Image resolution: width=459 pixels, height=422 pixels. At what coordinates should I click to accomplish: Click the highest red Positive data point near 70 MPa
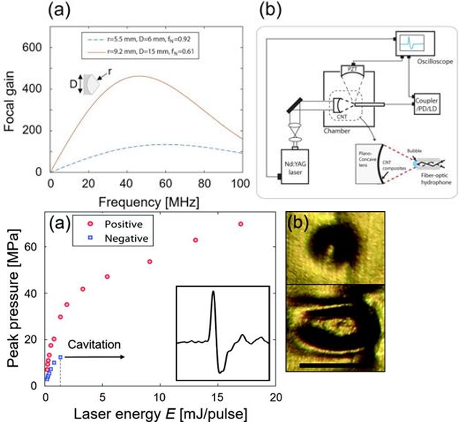click(x=241, y=224)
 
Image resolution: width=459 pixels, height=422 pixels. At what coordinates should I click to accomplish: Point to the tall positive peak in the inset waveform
click(x=213, y=293)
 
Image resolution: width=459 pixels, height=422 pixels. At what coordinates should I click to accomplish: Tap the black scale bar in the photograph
click(x=329, y=366)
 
